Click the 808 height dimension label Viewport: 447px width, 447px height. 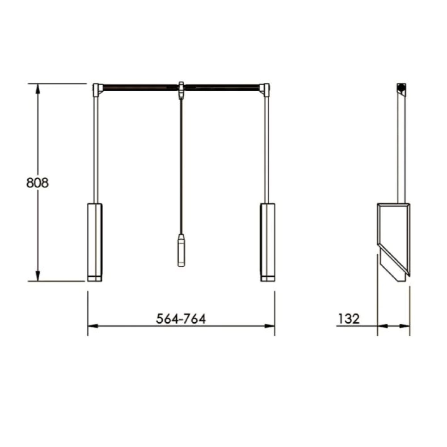tap(38, 183)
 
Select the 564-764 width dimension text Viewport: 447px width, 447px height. tap(181, 318)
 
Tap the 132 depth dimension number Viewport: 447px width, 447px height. tap(349, 318)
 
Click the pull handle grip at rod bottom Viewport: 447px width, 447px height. tap(181, 250)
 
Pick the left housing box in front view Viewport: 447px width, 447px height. tap(95, 242)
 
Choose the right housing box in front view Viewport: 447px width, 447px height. tap(268, 242)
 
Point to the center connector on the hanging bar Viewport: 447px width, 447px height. tap(181, 89)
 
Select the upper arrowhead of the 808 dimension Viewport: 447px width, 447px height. tap(38, 89)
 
